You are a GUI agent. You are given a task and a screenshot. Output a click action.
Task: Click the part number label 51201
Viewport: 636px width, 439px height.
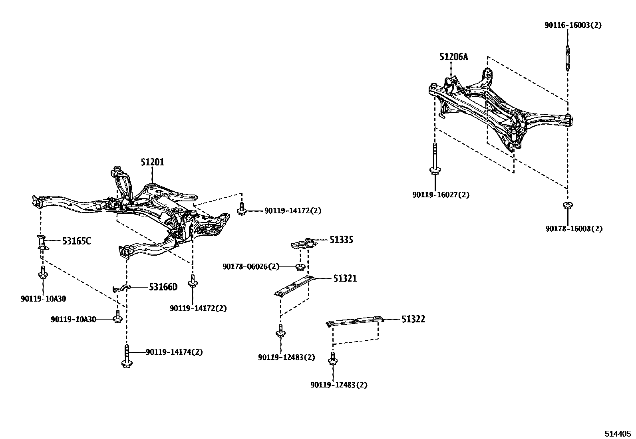[152, 162]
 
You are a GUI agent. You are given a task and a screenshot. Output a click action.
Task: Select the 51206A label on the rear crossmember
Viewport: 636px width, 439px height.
[453, 57]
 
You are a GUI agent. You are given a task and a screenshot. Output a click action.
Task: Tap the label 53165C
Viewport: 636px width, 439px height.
[76, 241]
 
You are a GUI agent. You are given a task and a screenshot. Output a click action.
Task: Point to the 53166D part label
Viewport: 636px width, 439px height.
[163, 287]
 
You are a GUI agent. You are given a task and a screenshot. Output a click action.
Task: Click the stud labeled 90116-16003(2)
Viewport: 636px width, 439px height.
[567, 58]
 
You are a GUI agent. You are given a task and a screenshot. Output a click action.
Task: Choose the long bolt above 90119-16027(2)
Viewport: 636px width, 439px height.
[434, 160]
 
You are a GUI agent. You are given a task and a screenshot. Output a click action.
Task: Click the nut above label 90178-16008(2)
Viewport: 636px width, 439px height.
[567, 206]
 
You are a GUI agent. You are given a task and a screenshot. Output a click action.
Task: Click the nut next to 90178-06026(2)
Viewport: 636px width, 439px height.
[300, 267]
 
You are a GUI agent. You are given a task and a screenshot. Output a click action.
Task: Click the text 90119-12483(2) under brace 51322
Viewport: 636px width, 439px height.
[339, 385]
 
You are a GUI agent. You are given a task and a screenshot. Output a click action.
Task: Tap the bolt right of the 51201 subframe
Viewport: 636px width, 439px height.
[241, 209]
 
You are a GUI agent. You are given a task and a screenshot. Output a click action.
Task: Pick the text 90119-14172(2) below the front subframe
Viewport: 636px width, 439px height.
[198, 308]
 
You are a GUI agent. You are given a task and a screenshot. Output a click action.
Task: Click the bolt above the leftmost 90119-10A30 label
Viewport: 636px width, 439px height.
[42, 273]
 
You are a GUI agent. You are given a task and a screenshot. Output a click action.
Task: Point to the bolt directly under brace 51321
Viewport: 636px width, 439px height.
[280, 332]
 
